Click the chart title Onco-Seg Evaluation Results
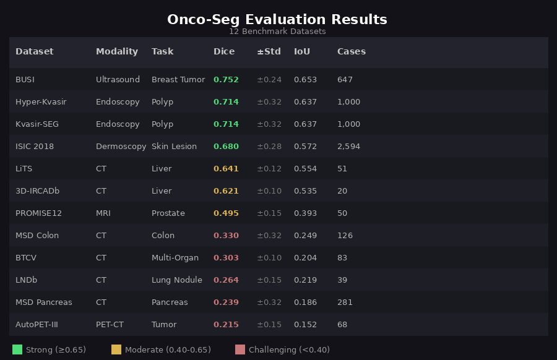tap(277, 20)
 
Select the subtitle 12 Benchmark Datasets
tap(277, 32)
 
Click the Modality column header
tap(117, 52)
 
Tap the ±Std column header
tap(269, 52)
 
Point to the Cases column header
tap(351, 52)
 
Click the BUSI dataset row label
tap(25, 80)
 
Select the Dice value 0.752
tap(226, 80)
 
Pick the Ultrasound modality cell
tap(118, 80)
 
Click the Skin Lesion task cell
tap(174, 147)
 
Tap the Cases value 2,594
tap(348, 147)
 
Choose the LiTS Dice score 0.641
tap(226, 169)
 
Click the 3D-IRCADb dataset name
tap(37, 191)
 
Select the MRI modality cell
tap(104, 213)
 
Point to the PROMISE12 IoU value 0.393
tap(305, 213)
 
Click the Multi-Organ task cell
tap(175, 258)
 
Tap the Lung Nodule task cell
tap(176, 280)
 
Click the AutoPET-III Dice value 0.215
tap(226, 325)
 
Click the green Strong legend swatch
tap(17, 349)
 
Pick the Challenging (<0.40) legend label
tap(289, 350)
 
